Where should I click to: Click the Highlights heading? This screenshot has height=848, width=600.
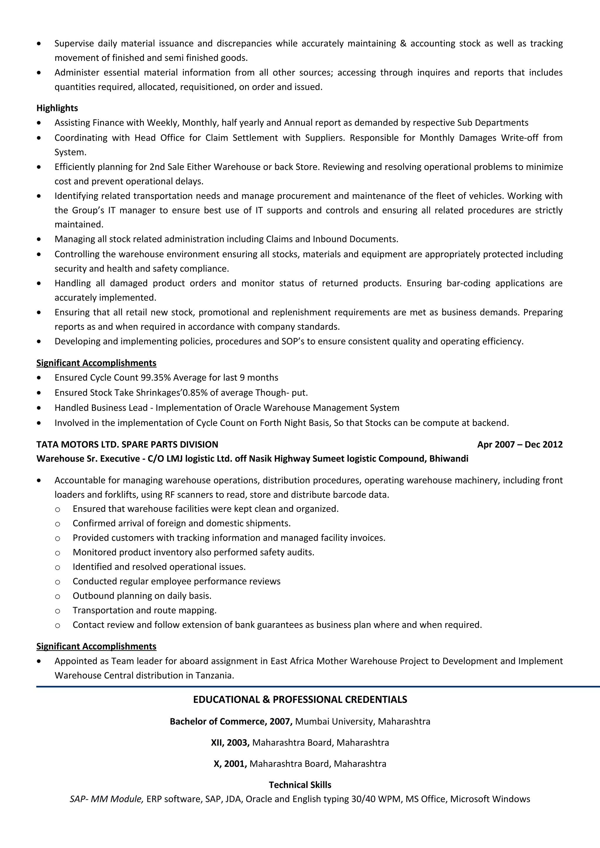pos(57,108)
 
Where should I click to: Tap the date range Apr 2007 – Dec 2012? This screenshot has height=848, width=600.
pos(520,444)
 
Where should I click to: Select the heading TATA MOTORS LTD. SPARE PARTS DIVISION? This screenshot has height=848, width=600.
pos(127,444)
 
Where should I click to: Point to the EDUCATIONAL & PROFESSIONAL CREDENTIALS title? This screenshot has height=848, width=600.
pos(300,700)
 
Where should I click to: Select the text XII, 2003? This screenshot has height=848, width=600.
pos(230,742)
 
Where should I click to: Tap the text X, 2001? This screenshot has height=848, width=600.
pos(230,763)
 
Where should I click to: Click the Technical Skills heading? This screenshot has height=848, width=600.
pos(300,785)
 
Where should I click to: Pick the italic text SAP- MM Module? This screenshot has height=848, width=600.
pos(106,799)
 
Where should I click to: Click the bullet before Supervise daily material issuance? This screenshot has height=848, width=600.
pos(39,44)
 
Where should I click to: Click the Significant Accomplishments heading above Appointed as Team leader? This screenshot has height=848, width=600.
pos(96,646)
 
